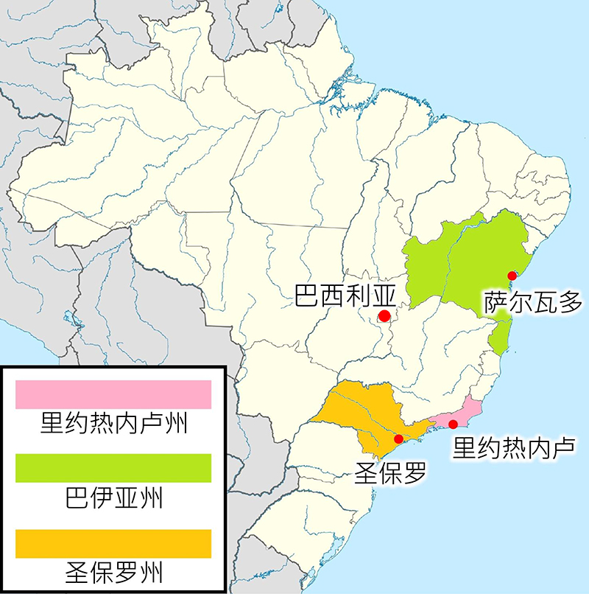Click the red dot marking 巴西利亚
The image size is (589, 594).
point(384,316)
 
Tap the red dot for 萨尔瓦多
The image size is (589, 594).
point(512,275)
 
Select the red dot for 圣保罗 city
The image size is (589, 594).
point(398,438)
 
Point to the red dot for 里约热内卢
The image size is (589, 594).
point(453,424)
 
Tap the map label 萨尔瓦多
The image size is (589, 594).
point(533,301)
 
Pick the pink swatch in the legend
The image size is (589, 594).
point(113,394)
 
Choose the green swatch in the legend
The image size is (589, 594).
point(113,468)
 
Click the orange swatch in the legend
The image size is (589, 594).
point(113,543)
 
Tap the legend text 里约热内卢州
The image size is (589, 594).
point(113,425)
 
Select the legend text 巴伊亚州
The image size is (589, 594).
point(113,499)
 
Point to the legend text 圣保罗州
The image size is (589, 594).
point(113,573)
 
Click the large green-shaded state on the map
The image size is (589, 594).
point(471,265)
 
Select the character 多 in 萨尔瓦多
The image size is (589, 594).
point(571,301)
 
